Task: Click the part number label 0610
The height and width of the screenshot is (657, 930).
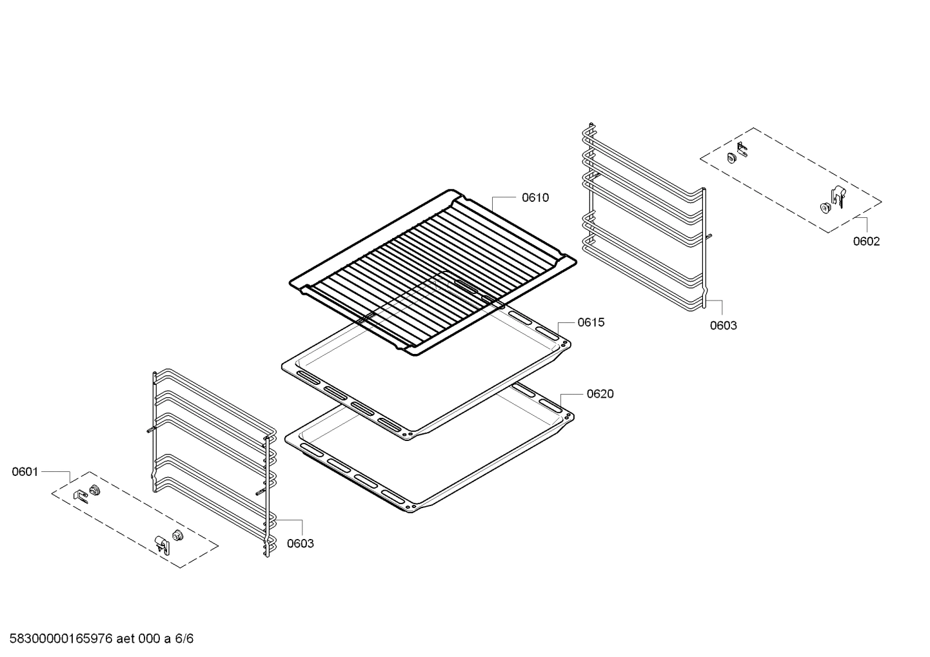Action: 535,198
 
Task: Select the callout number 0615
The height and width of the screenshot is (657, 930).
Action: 591,322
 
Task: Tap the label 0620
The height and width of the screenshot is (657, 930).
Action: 600,394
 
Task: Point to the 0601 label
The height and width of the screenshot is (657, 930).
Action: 25,472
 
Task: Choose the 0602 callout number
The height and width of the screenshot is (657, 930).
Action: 866,242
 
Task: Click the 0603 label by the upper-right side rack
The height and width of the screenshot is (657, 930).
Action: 723,326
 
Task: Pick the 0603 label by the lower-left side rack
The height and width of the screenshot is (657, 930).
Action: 300,544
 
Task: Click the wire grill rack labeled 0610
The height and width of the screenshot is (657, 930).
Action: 432,271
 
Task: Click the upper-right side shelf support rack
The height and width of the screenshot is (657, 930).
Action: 645,219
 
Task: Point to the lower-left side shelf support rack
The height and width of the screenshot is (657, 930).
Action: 213,458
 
